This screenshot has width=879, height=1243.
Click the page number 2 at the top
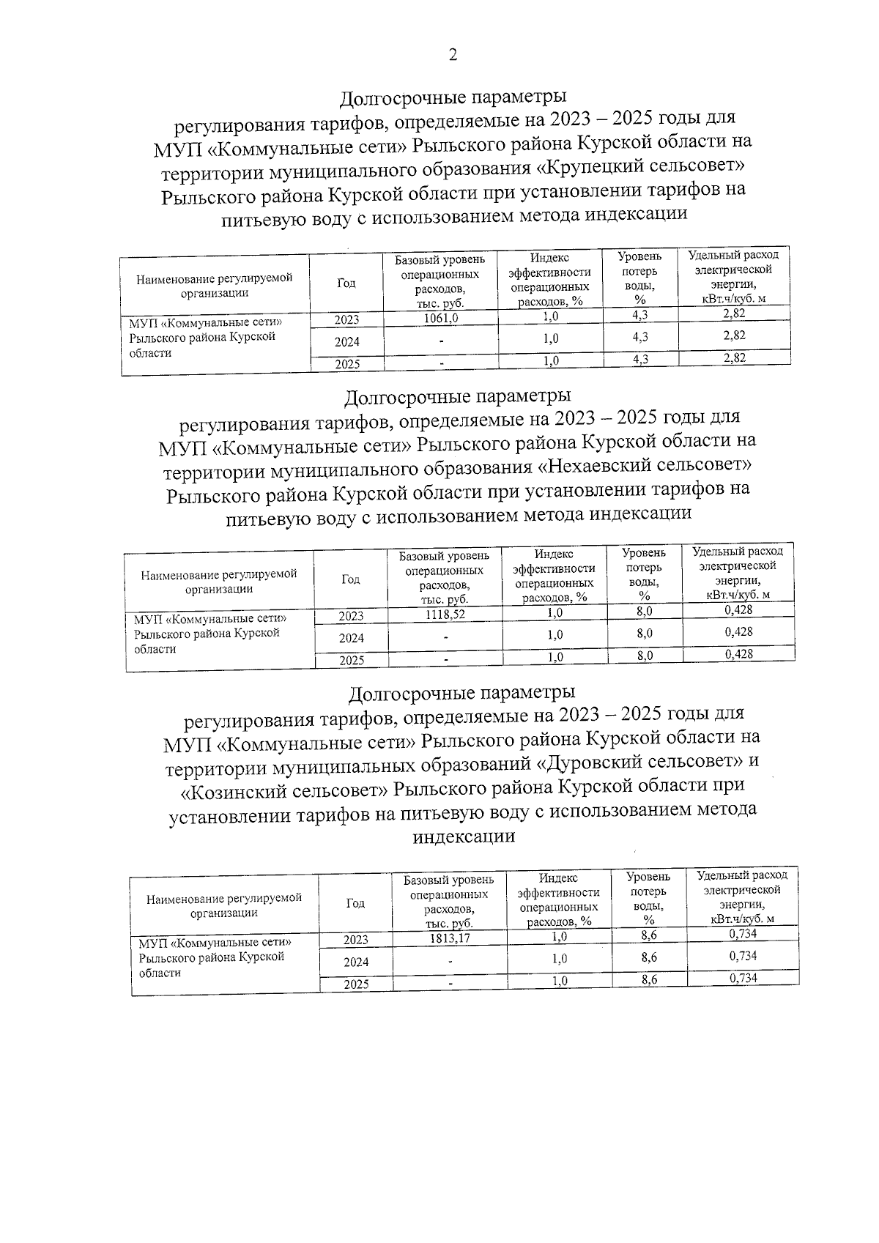(x=453, y=56)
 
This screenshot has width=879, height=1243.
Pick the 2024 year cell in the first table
(x=347, y=342)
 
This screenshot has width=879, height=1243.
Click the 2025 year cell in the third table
(x=357, y=984)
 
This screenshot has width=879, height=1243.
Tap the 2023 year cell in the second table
(x=351, y=617)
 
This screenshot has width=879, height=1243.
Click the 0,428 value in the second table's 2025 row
(x=738, y=654)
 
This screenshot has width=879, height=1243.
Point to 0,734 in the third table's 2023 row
(x=743, y=934)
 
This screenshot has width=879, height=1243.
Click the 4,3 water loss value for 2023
(x=639, y=315)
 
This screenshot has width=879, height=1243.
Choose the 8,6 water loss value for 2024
(x=648, y=957)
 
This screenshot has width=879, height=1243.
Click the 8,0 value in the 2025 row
(x=644, y=656)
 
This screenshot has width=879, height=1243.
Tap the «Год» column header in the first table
(x=346, y=283)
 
